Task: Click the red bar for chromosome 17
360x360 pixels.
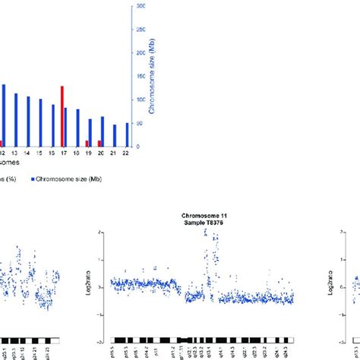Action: (62, 116)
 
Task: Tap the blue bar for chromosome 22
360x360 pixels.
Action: (128, 134)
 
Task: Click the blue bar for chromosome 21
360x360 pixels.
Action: (115, 135)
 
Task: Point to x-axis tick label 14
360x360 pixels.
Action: (28, 153)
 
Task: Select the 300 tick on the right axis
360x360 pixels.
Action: (141, 6)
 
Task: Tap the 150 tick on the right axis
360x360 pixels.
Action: (141, 76)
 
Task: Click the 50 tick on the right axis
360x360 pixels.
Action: (140, 123)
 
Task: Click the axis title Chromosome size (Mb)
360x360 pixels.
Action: (153, 75)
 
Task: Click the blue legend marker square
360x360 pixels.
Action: (33, 180)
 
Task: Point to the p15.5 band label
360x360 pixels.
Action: (115, 353)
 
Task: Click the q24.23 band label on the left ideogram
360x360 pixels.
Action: (44, 353)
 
